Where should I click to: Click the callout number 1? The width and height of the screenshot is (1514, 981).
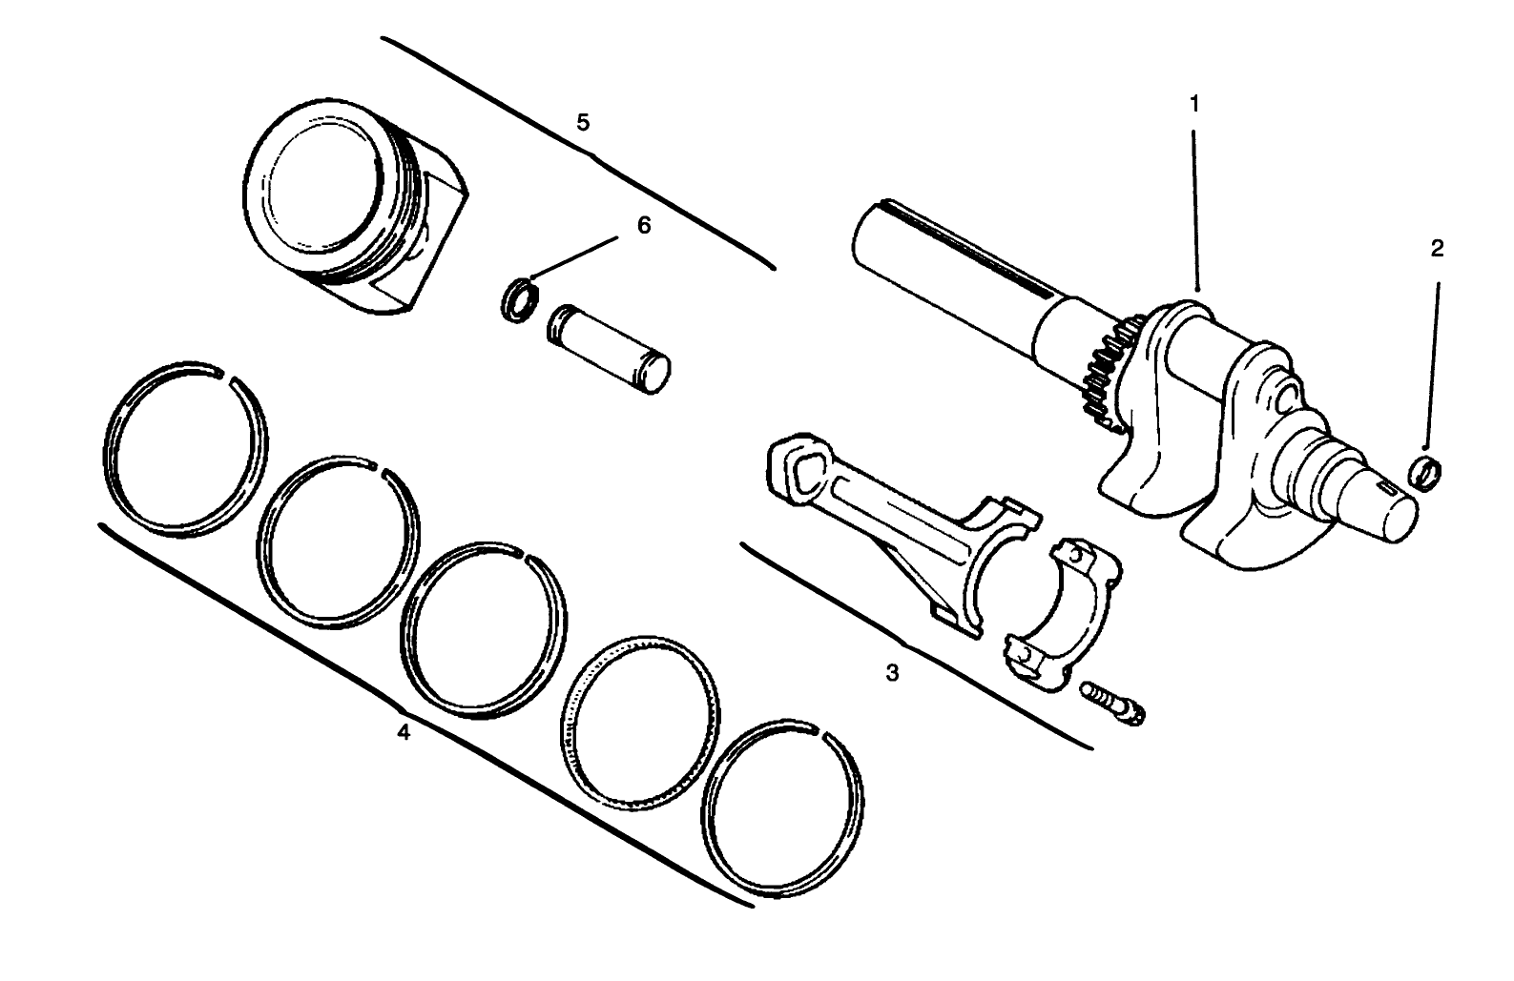point(1194,103)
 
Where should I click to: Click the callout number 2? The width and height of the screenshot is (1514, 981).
point(1437,249)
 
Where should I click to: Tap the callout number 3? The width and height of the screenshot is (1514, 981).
point(892,673)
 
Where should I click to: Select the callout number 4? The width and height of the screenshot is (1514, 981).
point(404,733)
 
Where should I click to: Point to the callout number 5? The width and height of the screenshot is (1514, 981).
point(584,122)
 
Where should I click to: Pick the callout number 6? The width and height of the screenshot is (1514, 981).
point(644,226)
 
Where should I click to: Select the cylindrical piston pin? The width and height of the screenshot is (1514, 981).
point(611,348)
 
